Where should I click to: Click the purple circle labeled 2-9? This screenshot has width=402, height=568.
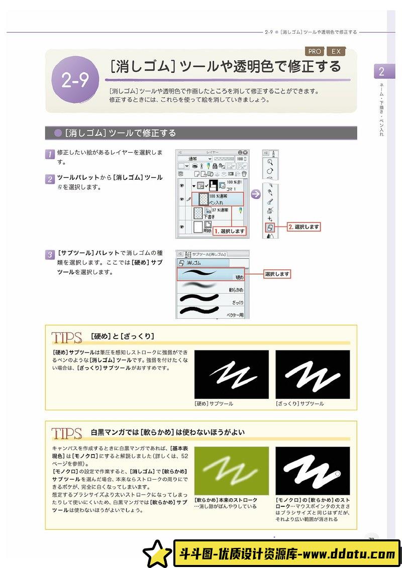click(x=75, y=80)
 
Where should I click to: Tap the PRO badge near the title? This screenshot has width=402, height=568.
click(x=315, y=51)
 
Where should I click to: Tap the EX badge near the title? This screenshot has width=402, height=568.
click(x=336, y=51)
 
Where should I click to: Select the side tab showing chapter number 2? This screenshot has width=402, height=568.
click(x=381, y=71)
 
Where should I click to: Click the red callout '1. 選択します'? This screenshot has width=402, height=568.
click(x=230, y=232)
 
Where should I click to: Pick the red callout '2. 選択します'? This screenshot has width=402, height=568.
click(x=304, y=227)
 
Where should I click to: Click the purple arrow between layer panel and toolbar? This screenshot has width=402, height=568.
click(x=256, y=194)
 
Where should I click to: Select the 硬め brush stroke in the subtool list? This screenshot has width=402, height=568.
click(x=201, y=274)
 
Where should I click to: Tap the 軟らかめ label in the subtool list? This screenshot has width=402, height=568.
click(x=236, y=290)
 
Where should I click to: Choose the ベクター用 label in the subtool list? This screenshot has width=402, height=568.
click(x=234, y=315)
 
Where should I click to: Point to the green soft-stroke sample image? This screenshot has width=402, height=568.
click(x=231, y=471)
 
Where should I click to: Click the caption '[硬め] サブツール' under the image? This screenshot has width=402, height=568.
click(x=214, y=403)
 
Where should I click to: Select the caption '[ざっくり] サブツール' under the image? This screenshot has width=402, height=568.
click(x=299, y=403)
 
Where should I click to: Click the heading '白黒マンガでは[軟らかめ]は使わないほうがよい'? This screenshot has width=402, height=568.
click(x=168, y=432)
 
